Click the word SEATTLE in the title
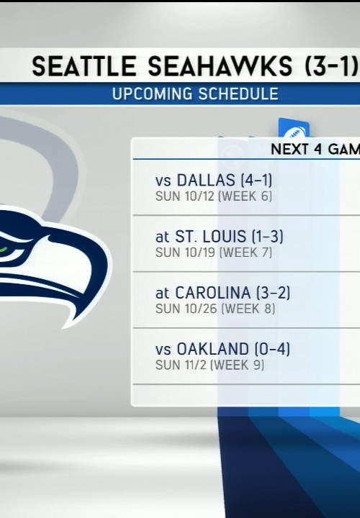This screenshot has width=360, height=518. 84,65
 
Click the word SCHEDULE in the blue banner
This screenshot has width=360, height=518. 238,94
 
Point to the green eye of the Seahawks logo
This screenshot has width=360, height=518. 4,249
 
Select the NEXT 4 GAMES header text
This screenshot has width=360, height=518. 315,150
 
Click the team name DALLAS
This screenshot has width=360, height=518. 206,181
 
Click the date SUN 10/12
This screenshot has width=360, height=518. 185,196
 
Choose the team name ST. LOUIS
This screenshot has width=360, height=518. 210,237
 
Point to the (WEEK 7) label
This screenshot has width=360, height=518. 246,253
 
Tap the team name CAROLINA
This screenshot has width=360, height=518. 213,293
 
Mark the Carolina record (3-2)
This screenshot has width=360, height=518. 273,293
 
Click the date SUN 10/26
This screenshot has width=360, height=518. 186,309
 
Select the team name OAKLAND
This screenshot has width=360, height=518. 213,349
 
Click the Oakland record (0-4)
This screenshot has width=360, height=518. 272,349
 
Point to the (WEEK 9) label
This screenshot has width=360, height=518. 237,365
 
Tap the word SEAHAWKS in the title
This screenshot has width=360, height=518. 220,65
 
